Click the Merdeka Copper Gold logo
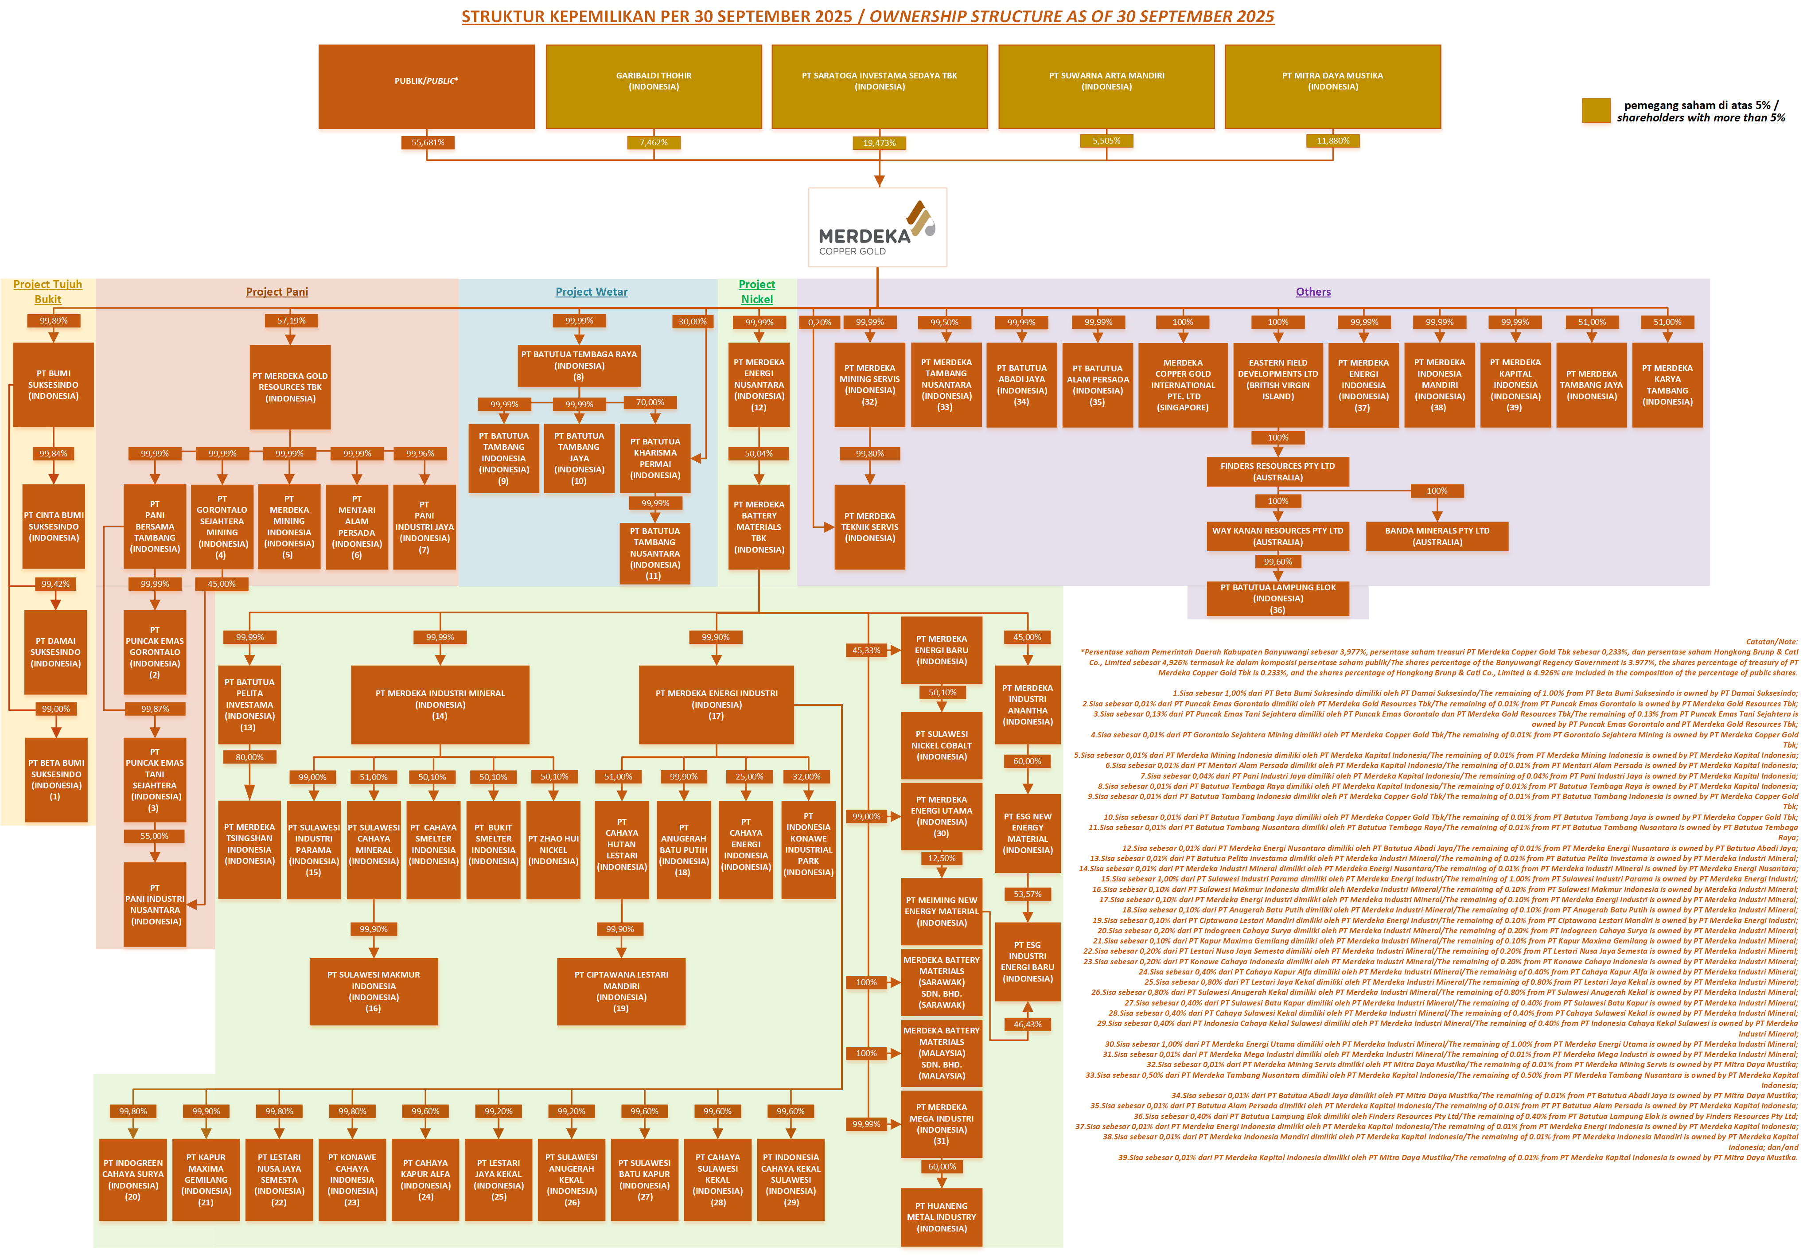pyautogui.click(x=877, y=227)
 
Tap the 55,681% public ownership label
pyautogui.click(x=427, y=142)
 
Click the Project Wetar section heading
pyautogui.click(x=591, y=292)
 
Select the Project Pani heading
pyautogui.click(x=277, y=292)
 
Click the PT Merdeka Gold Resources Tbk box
pyautogui.click(x=290, y=387)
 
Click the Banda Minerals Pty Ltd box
pyautogui.click(x=1437, y=536)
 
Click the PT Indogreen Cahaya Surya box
pyautogui.click(x=133, y=1180)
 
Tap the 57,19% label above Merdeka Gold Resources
pyautogui.click(x=291, y=321)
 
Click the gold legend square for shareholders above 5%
pyautogui.click(x=1596, y=111)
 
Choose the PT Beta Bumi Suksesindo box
pyautogui.click(x=56, y=779)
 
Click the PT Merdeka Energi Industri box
pyautogui.click(x=717, y=705)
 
